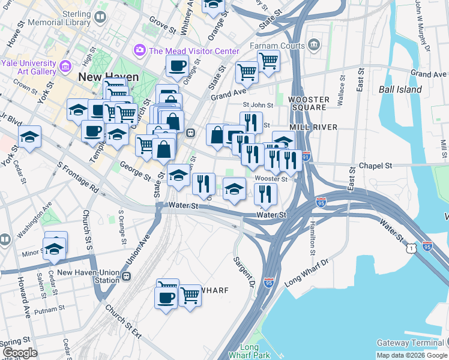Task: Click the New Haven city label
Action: (x=108, y=77)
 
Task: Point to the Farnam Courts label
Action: (x=280, y=45)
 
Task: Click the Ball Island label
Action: (x=400, y=89)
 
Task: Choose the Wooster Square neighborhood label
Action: (x=309, y=103)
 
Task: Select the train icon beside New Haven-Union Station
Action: (x=126, y=276)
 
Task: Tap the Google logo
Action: (x=20, y=352)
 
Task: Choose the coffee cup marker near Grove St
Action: (x=177, y=67)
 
